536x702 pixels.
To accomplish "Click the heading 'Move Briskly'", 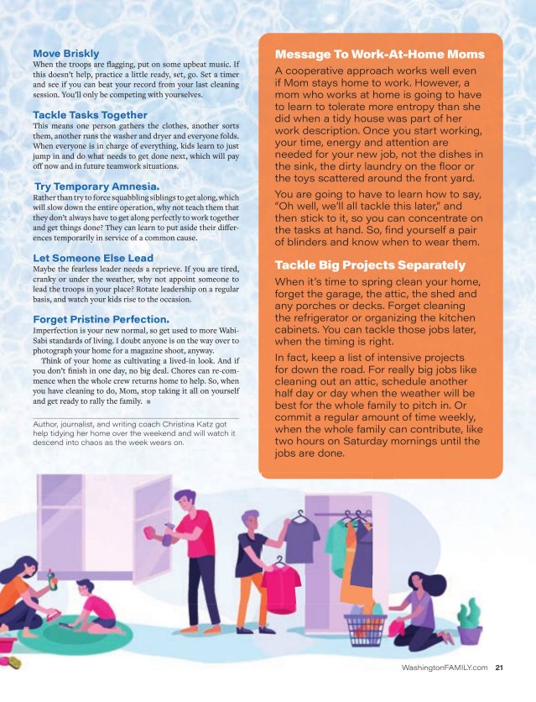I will [65, 54].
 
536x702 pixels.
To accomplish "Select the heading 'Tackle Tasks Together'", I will [90, 114].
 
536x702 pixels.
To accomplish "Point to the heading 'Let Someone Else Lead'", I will [92, 258].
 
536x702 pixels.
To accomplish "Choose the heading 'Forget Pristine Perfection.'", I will [101, 319].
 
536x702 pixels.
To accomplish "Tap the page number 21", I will [500, 668].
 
